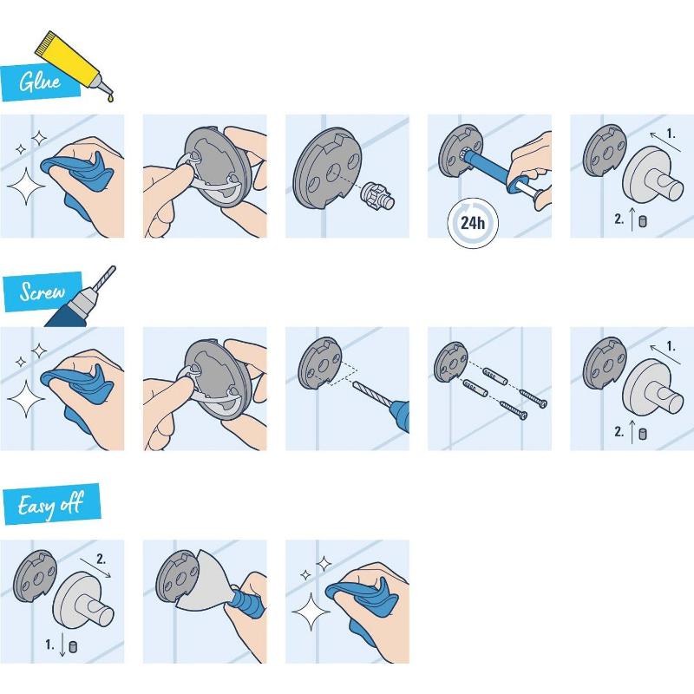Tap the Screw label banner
(x=42, y=292)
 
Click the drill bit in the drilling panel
(x=373, y=394)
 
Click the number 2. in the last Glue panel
(x=619, y=219)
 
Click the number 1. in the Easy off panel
(x=50, y=644)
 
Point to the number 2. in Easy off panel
(x=102, y=559)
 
